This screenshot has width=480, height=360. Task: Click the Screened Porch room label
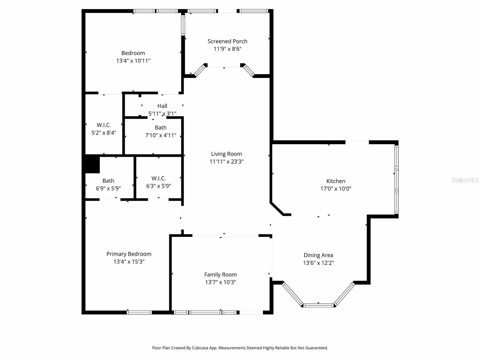tap(227, 41)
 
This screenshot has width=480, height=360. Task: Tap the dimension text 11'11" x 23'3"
tap(226, 162)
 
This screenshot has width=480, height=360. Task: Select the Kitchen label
tap(336, 181)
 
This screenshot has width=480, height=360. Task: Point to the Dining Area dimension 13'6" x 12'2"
tap(318, 263)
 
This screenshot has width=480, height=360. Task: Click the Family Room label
tap(220, 274)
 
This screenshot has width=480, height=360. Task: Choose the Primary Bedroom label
tap(129, 254)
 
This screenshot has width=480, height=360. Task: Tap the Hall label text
tap(162, 106)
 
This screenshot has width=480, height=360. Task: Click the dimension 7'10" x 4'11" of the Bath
tap(160, 135)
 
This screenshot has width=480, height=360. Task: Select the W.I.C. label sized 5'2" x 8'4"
tap(104, 125)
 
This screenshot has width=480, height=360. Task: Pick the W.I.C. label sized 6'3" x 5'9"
tap(158, 178)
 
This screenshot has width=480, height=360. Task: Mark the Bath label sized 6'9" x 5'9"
tap(108, 181)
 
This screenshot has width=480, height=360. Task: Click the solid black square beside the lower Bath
tap(92, 164)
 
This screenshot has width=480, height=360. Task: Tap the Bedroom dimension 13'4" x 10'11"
tap(133, 61)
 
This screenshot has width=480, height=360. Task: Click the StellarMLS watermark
tap(465, 180)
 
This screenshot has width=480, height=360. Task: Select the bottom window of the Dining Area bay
tap(318, 305)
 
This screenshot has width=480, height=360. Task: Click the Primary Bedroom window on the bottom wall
tap(139, 312)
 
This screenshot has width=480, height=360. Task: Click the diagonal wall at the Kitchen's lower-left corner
tap(277, 209)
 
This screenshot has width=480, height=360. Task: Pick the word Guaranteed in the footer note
tap(317, 348)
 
